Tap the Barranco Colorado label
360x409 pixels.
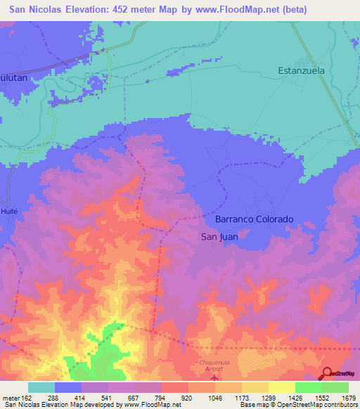pos(250,219)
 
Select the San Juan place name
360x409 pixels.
pos(219,237)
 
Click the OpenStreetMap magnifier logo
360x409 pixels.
pos(327,372)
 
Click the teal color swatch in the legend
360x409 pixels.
pos(41,387)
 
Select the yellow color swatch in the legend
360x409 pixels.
pos(282,387)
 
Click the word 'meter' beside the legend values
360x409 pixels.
pos(10,397)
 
